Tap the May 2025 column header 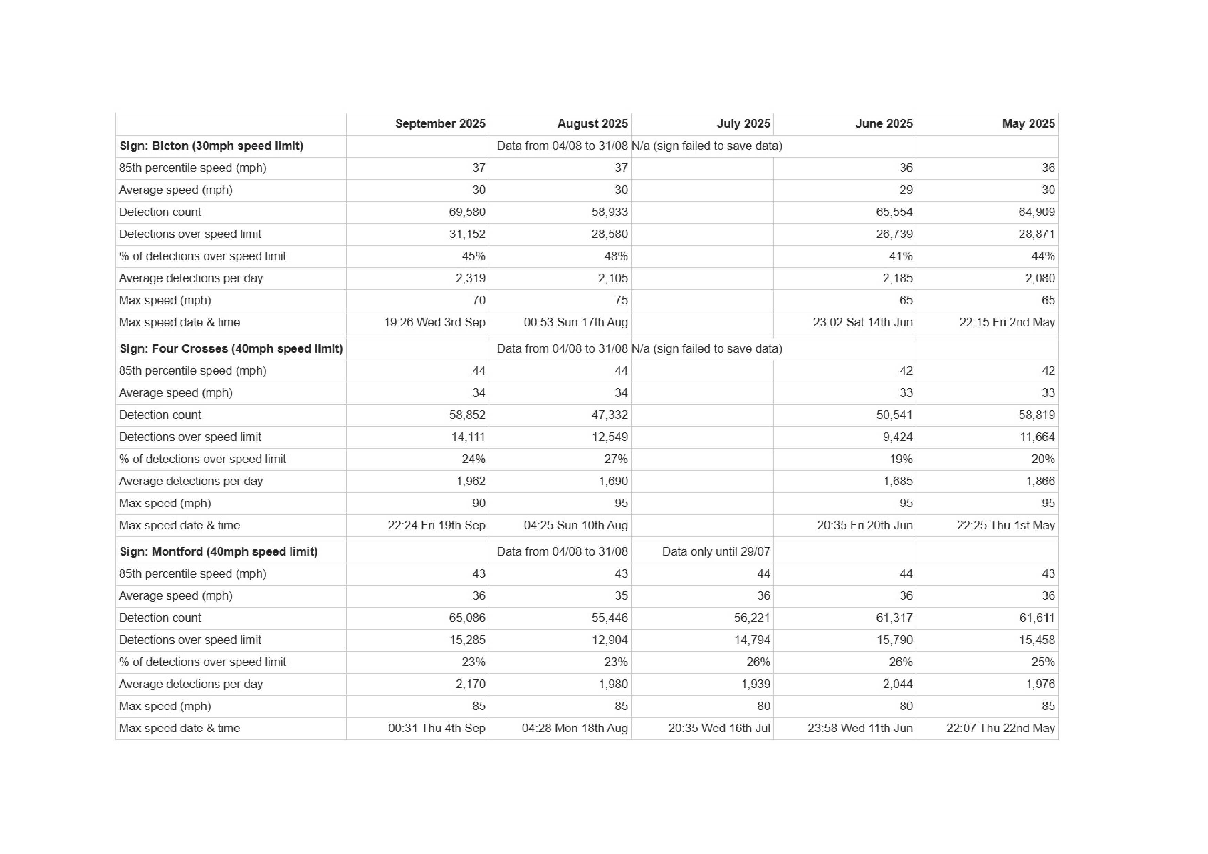(x=1028, y=124)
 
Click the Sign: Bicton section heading (x=211, y=146)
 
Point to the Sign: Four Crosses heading (x=231, y=349)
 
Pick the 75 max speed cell (x=621, y=300)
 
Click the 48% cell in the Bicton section (x=616, y=256)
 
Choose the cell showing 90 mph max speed (x=478, y=503)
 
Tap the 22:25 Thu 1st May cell (x=1006, y=525)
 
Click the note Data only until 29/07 (x=716, y=552)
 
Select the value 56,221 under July (x=752, y=618)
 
